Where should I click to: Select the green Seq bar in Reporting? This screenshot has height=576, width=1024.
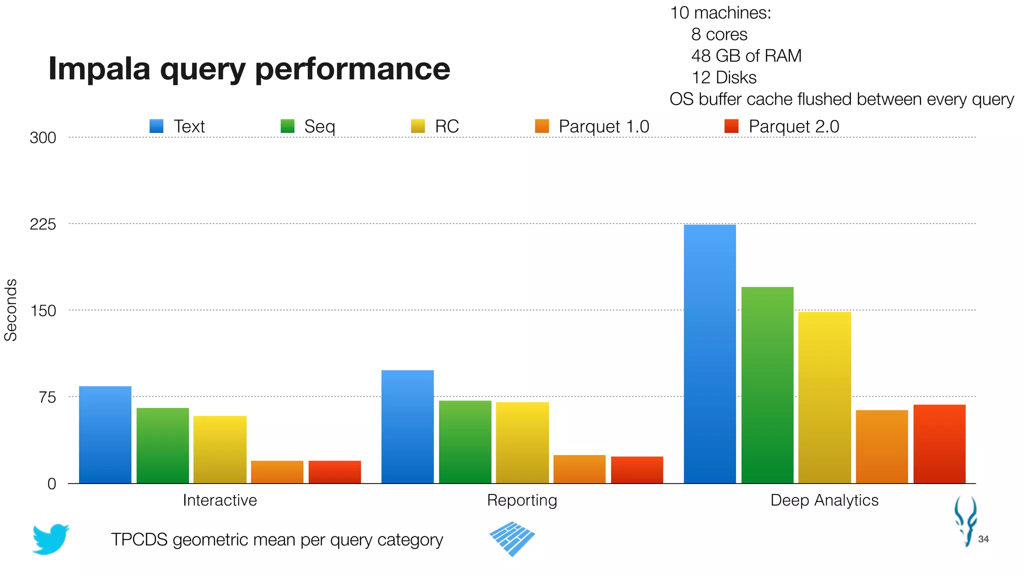coord(465,442)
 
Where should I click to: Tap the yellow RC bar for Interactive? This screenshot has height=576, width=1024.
coord(220,449)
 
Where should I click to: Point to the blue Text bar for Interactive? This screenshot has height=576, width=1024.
coord(105,434)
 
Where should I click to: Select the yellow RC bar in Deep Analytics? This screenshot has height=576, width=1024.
coord(824,397)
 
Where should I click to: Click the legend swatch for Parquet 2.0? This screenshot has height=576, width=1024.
coord(731,126)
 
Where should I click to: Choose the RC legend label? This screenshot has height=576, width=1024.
coord(446,126)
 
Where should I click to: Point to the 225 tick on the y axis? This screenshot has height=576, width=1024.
coord(42,224)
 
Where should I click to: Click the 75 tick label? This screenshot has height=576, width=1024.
coord(46,397)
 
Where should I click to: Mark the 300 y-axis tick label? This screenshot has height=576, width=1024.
coord(42,137)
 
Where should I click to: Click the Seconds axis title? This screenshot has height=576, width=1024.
coord(10,310)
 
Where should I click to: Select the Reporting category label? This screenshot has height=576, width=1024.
coord(522,500)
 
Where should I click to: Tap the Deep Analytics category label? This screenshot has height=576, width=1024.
coord(824,500)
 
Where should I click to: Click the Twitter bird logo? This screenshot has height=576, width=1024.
coord(50,539)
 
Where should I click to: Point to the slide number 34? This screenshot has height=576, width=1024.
coord(983,539)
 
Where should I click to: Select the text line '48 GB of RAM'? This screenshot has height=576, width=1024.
coord(746,56)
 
